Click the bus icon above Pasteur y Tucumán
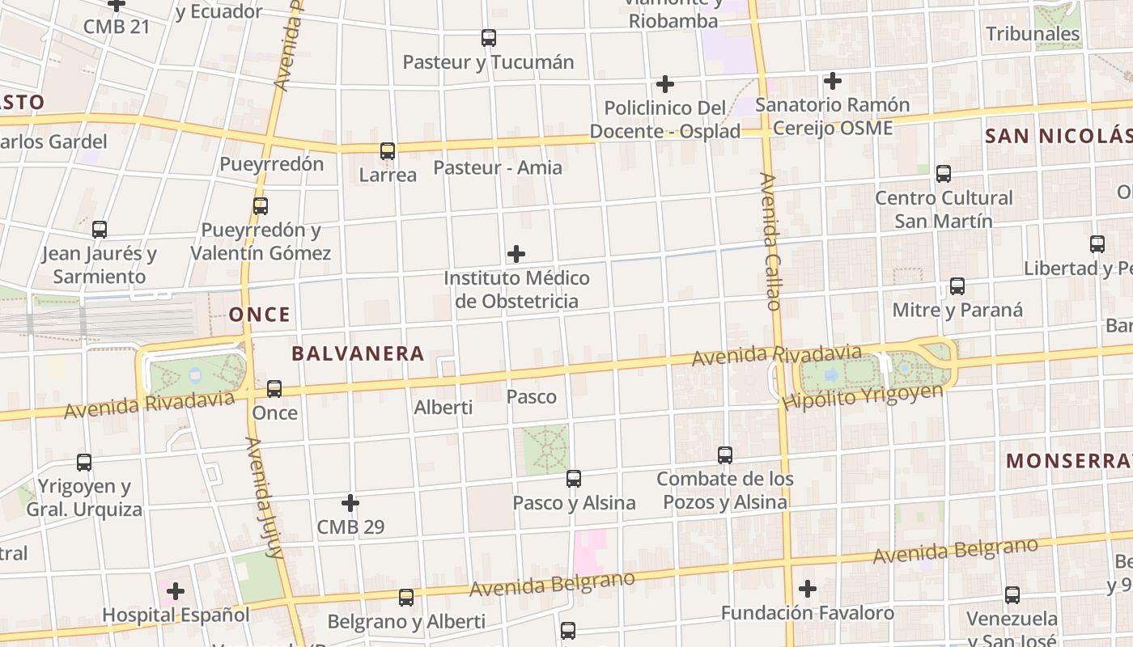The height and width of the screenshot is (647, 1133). [489, 38]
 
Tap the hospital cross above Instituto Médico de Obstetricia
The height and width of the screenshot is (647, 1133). [516, 254]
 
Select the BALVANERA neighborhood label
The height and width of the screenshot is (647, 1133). [358, 353]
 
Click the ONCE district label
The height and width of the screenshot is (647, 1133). [260, 315]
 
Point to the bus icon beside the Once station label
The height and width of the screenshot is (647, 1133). [274, 389]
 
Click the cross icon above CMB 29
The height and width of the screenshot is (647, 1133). [350, 503]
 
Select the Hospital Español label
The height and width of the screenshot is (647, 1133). [176, 615]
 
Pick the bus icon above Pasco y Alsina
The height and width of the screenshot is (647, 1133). [574, 479]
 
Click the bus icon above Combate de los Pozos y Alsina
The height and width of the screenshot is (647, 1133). [725, 455]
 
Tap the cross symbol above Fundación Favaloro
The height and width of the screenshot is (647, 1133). [808, 589]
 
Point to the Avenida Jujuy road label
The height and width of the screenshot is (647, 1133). [265, 498]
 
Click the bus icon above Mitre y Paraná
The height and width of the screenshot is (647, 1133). [957, 286]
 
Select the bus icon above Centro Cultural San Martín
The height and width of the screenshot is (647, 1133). [944, 174]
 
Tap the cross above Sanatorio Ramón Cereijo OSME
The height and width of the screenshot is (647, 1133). [833, 81]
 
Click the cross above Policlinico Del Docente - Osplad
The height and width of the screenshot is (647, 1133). [665, 84]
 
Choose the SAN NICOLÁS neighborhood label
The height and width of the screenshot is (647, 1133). [1058, 136]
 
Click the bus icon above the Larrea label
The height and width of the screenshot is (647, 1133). [388, 151]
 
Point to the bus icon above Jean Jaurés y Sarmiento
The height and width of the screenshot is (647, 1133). [100, 230]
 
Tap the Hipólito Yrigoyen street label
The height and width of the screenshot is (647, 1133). [863, 396]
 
